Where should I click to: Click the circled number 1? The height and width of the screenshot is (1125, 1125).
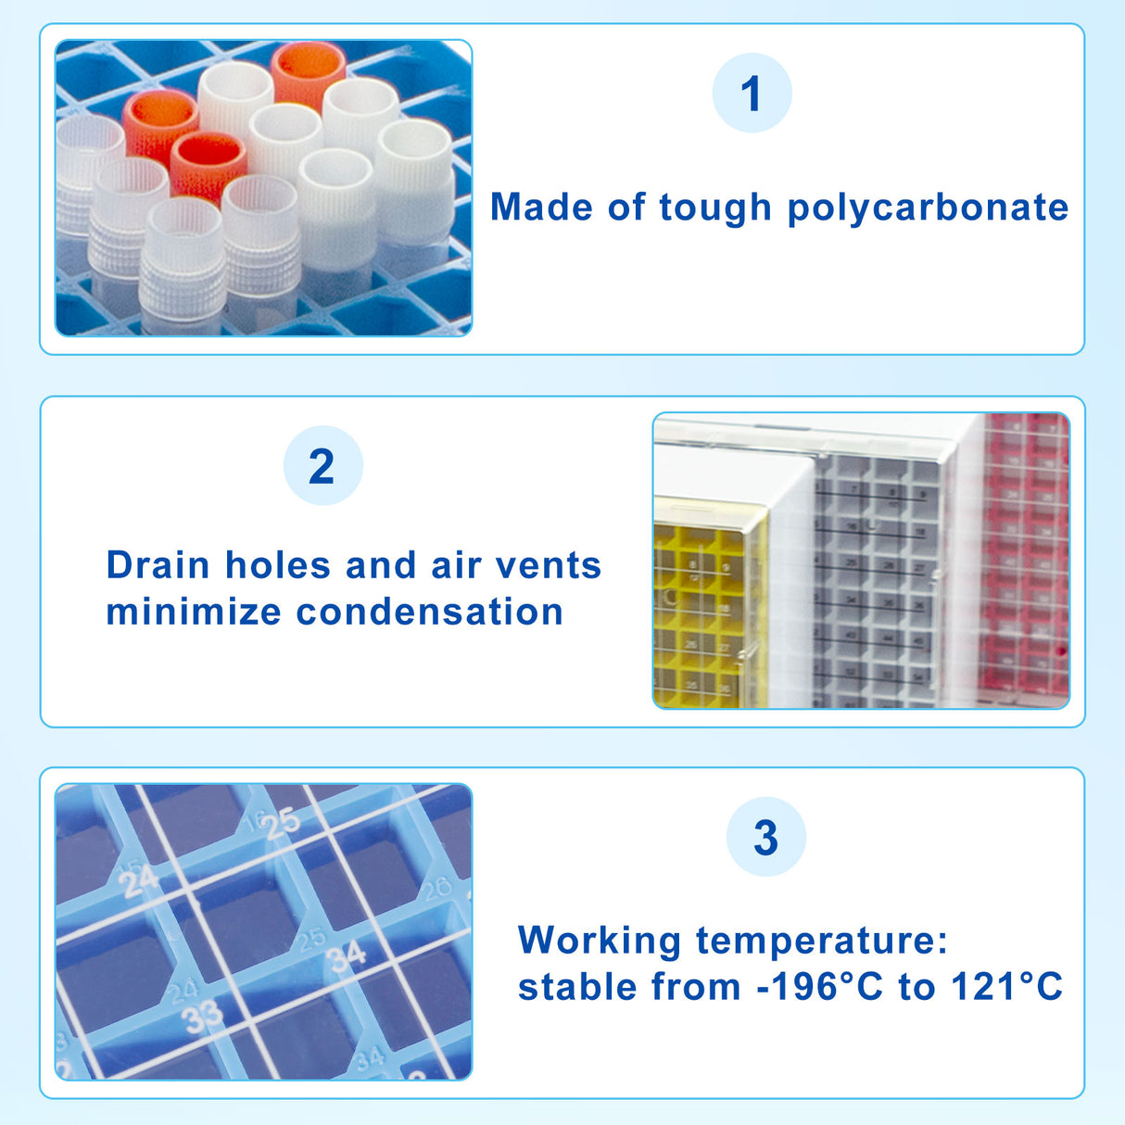[752, 94]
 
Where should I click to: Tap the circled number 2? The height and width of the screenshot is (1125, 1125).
[322, 466]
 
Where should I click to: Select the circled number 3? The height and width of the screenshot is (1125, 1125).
[765, 837]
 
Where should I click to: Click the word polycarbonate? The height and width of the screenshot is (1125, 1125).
[928, 209]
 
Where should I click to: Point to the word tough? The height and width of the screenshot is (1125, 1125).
[714, 208]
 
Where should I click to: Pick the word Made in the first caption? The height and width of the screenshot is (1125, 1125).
[542, 207]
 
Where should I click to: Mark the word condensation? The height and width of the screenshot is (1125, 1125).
[430, 612]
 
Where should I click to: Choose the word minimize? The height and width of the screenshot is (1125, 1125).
[194, 612]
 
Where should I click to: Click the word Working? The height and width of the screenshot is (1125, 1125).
[600, 941]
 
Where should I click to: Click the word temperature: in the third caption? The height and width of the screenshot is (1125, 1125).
[822, 941]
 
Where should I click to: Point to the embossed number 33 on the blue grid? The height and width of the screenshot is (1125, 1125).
[203, 1017]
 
